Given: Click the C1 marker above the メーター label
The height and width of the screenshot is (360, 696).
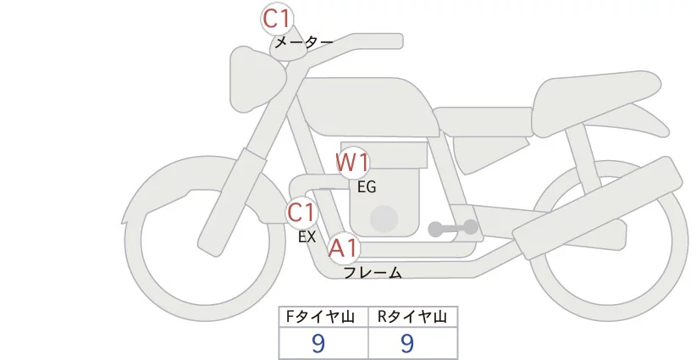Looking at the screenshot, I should [x=277, y=19].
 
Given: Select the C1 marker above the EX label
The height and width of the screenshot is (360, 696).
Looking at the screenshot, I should [x=301, y=212].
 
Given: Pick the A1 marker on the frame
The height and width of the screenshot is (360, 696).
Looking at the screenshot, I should [x=343, y=248].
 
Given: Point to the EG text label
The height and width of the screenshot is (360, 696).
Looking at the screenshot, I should [x=367, y=187].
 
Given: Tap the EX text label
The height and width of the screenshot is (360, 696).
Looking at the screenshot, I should [x=307, y=238].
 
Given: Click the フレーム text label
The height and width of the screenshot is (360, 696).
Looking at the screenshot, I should [x=372, y=273].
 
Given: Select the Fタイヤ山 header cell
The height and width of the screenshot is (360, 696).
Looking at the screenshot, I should [x=323, y=318].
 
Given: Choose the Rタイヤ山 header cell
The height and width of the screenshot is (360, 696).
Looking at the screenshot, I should [x=412, y=318].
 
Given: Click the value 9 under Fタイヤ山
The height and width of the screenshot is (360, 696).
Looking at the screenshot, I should [x=318, y=343].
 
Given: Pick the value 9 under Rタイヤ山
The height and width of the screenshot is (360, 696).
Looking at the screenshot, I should [x=407, y=343].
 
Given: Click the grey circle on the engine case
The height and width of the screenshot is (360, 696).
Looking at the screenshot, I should [x=385, y=219].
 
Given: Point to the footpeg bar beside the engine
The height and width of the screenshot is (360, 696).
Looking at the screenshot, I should [x=453, y=228].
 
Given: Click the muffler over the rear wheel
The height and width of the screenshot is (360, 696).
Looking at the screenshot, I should [x=593, y=208].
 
